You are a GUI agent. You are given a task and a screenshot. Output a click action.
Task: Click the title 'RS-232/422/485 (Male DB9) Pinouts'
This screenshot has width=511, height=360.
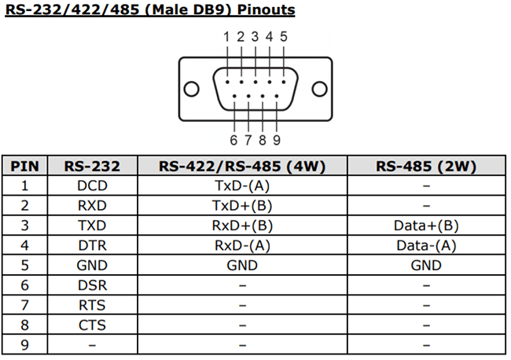click(149, 10)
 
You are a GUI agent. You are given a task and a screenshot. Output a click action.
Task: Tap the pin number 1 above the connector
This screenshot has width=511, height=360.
click(226, 36)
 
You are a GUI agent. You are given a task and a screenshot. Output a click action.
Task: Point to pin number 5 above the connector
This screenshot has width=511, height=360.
click(284, 36)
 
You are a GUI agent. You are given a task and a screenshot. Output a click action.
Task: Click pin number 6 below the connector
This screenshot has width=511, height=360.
click(233, 140)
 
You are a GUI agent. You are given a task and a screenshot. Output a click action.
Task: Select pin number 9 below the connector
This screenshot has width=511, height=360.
click(277, 140)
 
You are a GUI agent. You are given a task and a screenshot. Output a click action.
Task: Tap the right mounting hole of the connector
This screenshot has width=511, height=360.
click(318, 88)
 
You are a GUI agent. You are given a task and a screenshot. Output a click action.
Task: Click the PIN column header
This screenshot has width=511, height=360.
click(25, 167)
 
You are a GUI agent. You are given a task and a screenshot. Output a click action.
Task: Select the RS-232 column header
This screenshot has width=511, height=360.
click(92, 167)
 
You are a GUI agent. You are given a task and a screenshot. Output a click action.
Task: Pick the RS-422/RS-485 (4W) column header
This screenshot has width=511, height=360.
click(241, 167)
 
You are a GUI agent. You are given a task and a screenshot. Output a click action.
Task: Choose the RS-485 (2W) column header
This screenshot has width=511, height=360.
click(425, 167)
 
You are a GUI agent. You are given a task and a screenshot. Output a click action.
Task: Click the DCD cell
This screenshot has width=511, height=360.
click(92, 186)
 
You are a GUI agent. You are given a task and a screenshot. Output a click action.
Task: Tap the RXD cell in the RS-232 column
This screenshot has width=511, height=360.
click(92, 206)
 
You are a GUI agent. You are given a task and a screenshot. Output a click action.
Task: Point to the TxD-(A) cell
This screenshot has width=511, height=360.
click(241, 186)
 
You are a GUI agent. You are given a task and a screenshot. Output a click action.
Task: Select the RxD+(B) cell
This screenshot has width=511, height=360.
click(241, 226)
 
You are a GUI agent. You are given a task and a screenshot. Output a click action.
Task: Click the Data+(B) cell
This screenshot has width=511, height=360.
click(425, 226)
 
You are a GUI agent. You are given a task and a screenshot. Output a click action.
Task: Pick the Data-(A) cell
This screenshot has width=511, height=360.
click(425, 245)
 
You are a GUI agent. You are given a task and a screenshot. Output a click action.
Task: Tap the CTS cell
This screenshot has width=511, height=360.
click(92, 324)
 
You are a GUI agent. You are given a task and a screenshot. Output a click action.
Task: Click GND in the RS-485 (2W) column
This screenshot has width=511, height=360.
click(425, 265)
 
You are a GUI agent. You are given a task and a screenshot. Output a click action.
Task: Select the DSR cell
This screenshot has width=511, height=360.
click(92, 285)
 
